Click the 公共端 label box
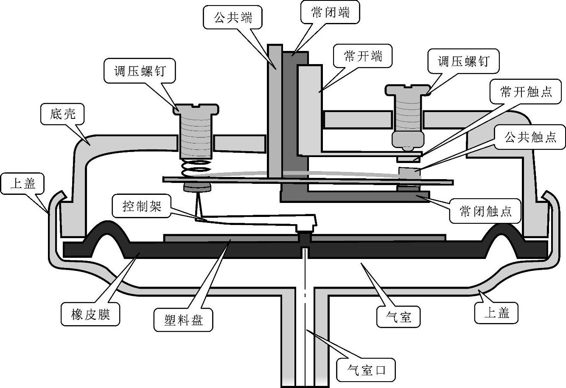click(x=233, y=17)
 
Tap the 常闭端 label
click(x=330, y=12)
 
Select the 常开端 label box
click(x=363, y=56)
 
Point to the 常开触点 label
click(x=526, y=91)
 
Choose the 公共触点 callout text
click(x=530, y=137)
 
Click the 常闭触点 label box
click(x=485, y=211)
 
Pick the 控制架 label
click(x=142, y=206)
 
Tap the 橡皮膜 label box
click(x=90, y=315)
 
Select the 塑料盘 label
click(x=183, y=320)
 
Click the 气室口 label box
click(x=366, y=370)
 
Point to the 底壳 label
click(x=62, y=114)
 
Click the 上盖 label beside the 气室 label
click(x=496, y=313)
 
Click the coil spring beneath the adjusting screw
click(x=196, y=168)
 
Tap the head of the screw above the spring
click(x=196, y=109)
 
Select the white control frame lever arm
click(x=255, y=219)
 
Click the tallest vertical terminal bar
click(x=275, y=111)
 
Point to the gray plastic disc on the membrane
click(x=305, y=238)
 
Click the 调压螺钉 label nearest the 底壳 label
click(x=140, y=70)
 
